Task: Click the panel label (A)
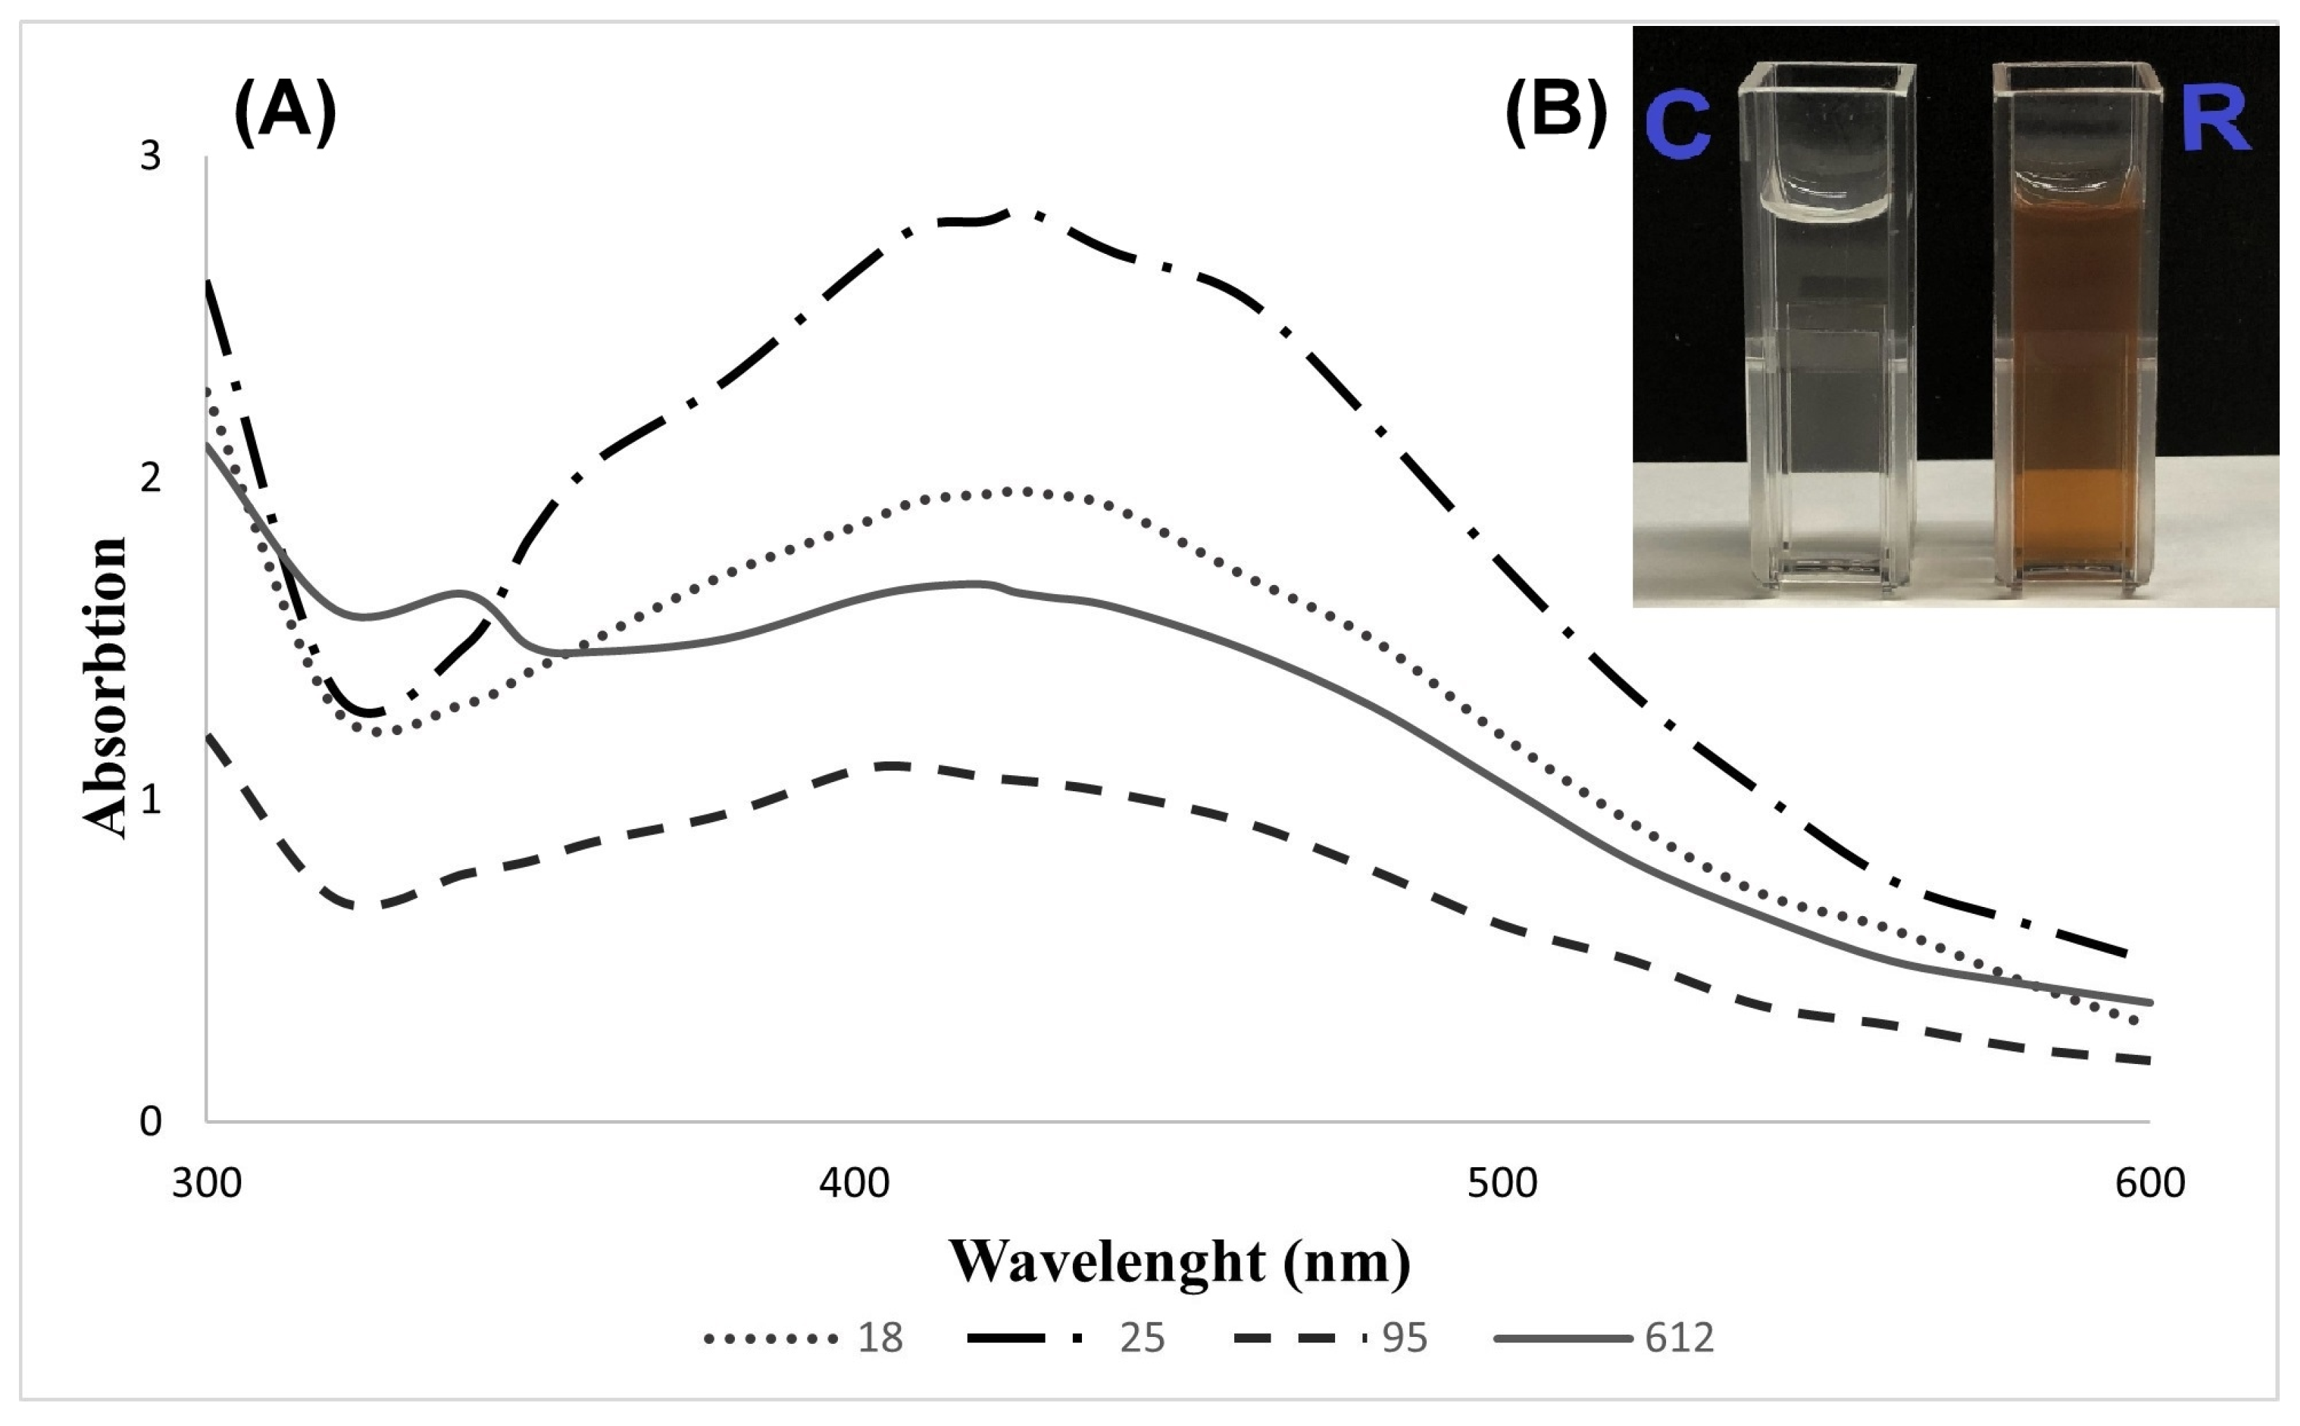[x=285, y=112]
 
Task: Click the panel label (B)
[x=1556, y=112]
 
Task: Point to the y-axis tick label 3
[x=151, y=156]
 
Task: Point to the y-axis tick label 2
[x=151, y=478]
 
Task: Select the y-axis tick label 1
[x=151, y=800]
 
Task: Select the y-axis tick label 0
[x=151, y=1122]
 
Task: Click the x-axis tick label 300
[x=206, y=1183]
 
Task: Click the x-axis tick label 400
[x=854, y=1183]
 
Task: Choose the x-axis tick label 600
[x=2150, y=1183]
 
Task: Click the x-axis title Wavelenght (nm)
[x=1179, y=1261]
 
